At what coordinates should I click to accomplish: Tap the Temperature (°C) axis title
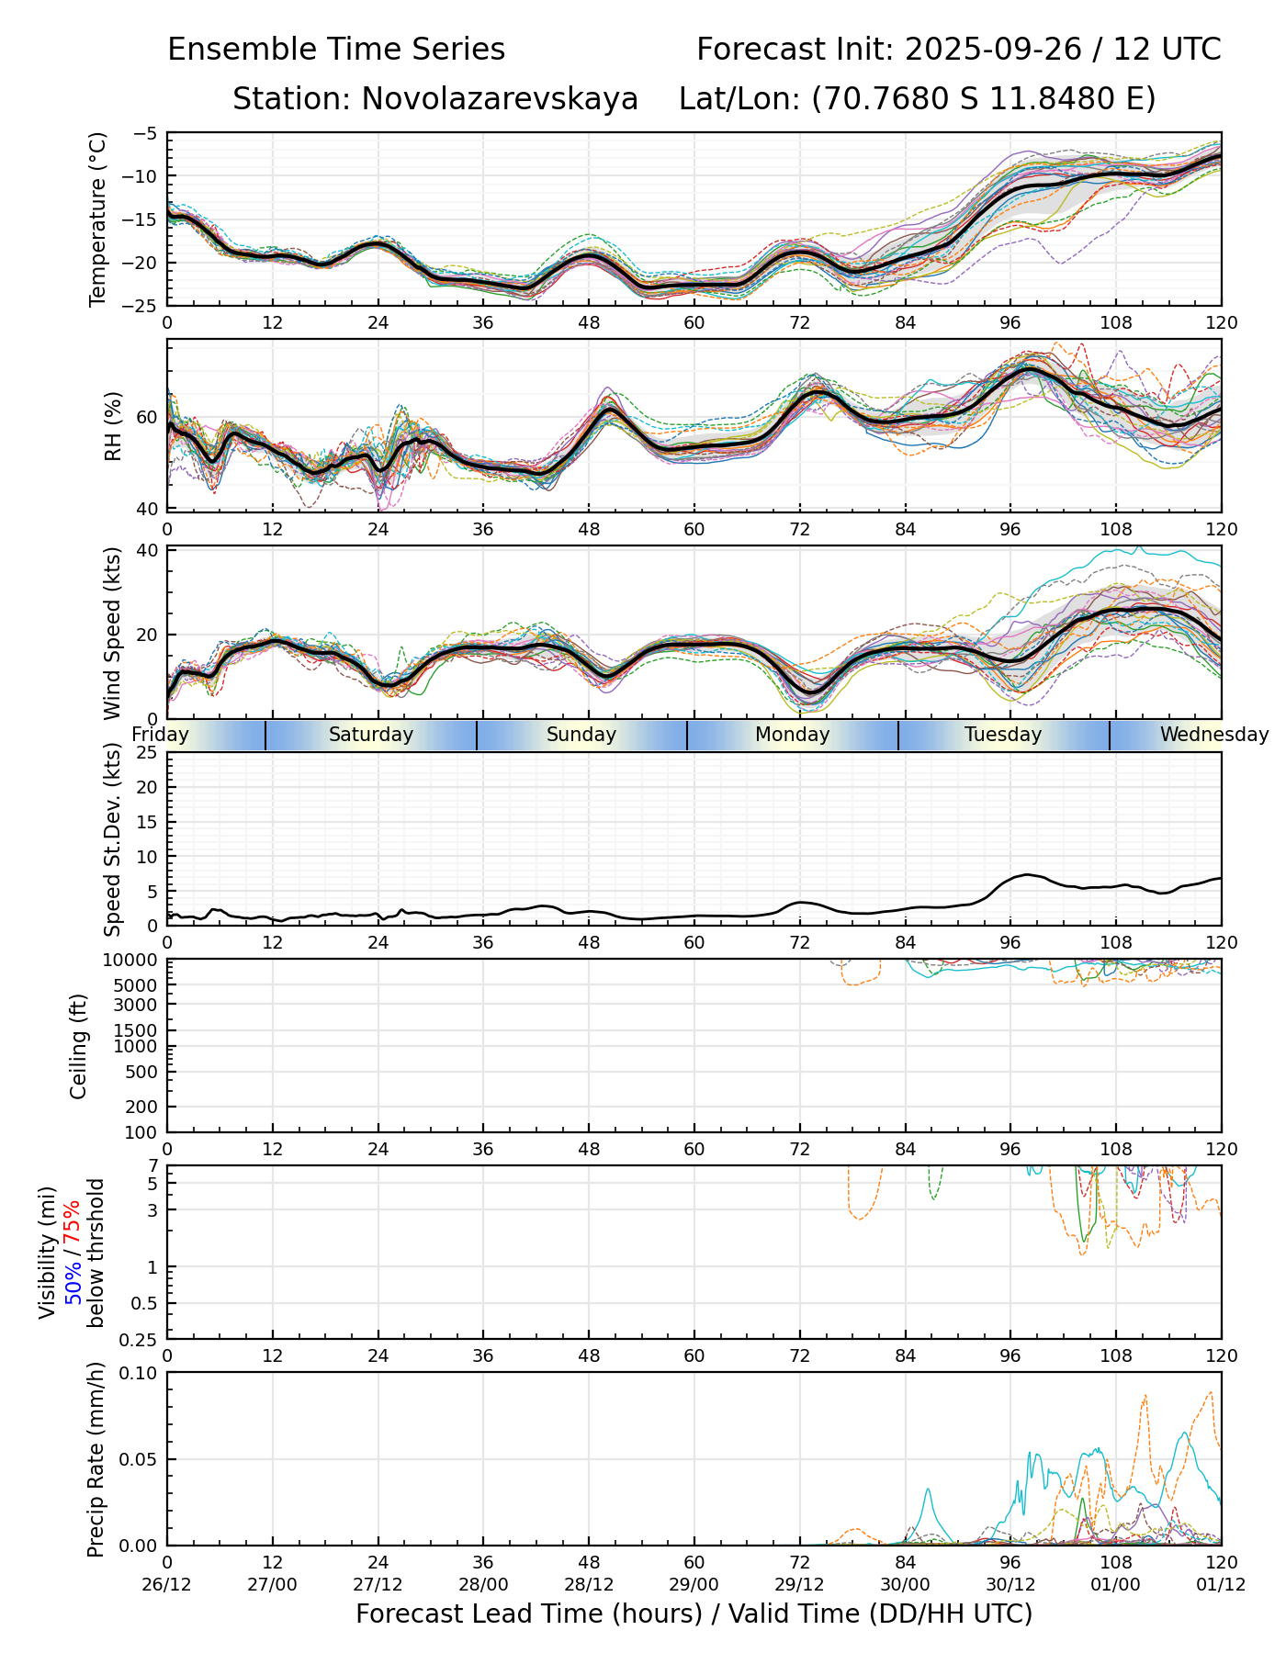click(98, 219)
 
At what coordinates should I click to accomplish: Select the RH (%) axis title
click(113, 426)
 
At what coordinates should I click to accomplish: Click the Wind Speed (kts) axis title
click(112, 633)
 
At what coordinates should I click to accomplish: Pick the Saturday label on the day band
click(371, 735)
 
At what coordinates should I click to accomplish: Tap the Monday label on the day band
click(792, 735)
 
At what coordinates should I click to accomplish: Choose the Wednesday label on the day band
click(1213, 735)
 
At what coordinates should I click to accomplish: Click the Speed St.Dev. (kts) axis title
click(112, 839)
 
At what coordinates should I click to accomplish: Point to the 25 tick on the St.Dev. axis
click(147, 753)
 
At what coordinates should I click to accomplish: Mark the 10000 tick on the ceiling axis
click(134, 961)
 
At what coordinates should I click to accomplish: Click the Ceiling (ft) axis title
click(79, 1046)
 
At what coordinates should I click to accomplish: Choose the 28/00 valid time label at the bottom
click(483, 1586)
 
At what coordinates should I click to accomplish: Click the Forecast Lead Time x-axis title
click(694, 1614)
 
